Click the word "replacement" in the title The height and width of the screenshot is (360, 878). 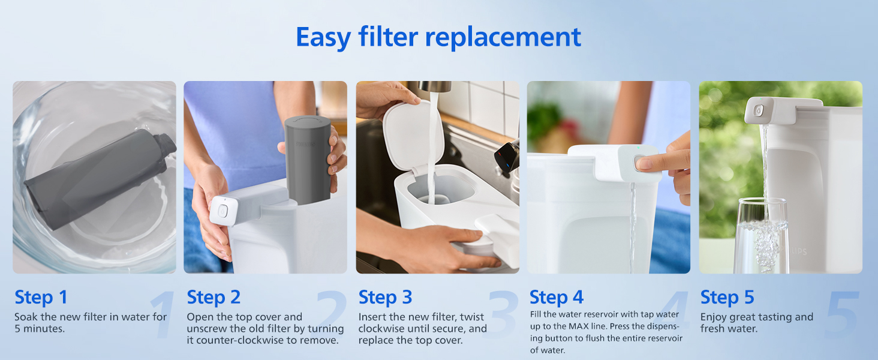[503, 37]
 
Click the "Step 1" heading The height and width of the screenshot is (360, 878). [41, 297]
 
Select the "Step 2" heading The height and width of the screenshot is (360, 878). [214, 297]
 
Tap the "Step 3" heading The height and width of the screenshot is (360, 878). [385, 297]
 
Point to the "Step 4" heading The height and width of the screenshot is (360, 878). [557, 297]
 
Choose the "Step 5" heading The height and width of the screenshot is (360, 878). [727, 297]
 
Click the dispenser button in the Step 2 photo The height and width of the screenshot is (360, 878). [222, 211]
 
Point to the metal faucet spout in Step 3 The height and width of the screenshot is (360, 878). [434, 86]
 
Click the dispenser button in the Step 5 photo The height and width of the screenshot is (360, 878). [759, 110]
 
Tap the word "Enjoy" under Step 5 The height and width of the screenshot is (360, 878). [714, 317]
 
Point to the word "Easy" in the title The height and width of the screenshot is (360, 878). [323, 38]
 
